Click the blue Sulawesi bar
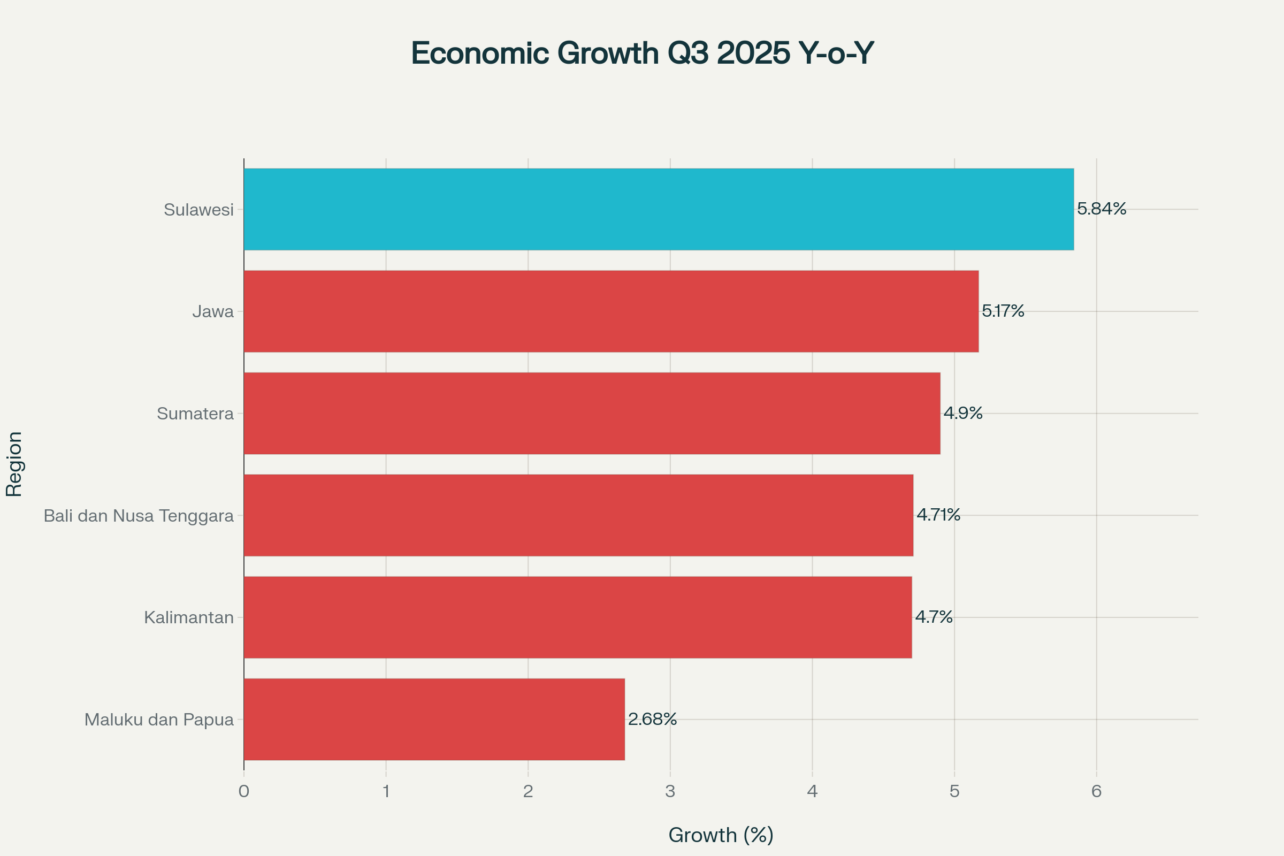(659, 209)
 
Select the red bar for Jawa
(611, 311)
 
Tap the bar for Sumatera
(592, 413)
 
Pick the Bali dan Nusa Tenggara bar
(578, 515)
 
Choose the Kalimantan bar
(578, 617)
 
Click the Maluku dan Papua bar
(434, 719)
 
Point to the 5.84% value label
(1101, 209)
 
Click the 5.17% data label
(1003, 311)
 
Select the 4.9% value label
(963, 412)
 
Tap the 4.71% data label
(938, 514)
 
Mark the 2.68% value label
(652, 719)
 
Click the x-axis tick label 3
(670, 791)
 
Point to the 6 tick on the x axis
(1096, 791)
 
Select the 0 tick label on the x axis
(243, 791)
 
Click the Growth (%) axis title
(721, 835)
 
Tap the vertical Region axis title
(14, 464)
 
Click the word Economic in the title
(480, 53)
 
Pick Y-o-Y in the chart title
(836, 53)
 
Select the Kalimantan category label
(189, 617)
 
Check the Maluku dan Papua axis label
(159, 720)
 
